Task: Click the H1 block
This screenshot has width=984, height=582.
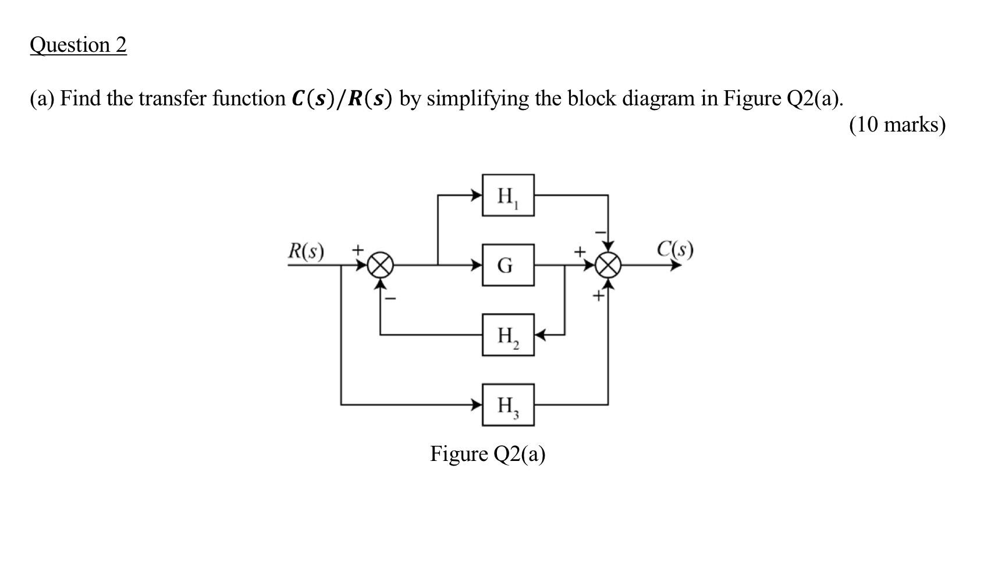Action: point(507,196)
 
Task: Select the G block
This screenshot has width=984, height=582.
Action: point(507,265)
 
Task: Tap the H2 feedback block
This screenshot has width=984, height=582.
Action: point(507,335)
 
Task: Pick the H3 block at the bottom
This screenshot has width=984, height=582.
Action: point(507,404)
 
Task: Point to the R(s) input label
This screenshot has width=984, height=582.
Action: point(306,251)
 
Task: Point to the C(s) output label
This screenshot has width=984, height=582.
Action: point(675,249)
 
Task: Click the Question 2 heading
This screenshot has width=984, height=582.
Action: point(78,45)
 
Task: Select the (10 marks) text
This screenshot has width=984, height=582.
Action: point(897,125)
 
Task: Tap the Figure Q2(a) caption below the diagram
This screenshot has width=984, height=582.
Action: point(488,453)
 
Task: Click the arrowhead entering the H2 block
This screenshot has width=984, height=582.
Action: point(540,335)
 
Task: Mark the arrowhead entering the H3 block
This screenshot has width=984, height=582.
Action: point(477,404)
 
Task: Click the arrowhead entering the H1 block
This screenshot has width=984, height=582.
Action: point(477,196)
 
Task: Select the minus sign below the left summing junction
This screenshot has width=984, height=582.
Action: point(392,299)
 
